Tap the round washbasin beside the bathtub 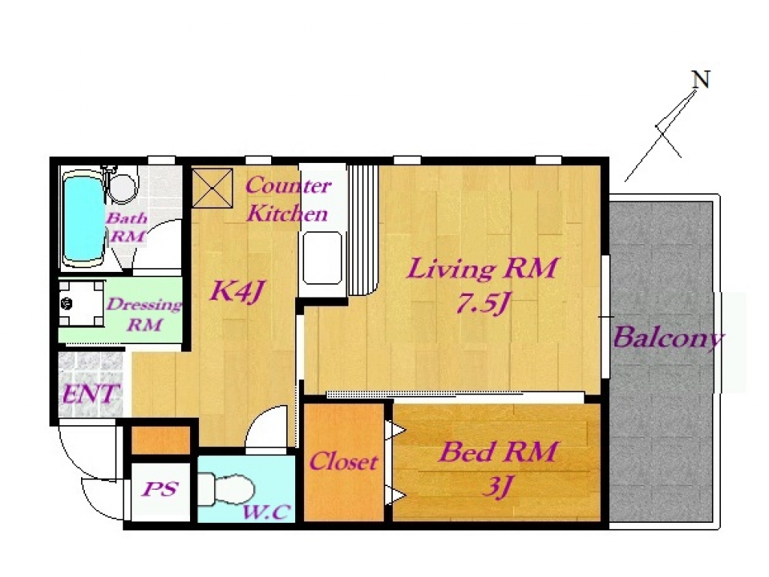(122, 186)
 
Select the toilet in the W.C (226, 489)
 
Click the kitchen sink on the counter (322, 258)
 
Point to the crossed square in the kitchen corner (213, 188)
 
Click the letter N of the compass (701, 80)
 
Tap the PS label (160, 489)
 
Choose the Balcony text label (668, 337)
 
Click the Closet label (343, 461)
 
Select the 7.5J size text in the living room (481, 304)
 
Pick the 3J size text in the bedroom (499, 486)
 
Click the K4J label (237, 292)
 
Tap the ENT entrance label (91, 394)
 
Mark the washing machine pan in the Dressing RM (81, 304)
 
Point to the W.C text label (267, 512)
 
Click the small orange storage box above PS (161, 440)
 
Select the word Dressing (144, 305)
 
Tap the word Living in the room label (451, 269)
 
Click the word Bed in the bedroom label (466, 452)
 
